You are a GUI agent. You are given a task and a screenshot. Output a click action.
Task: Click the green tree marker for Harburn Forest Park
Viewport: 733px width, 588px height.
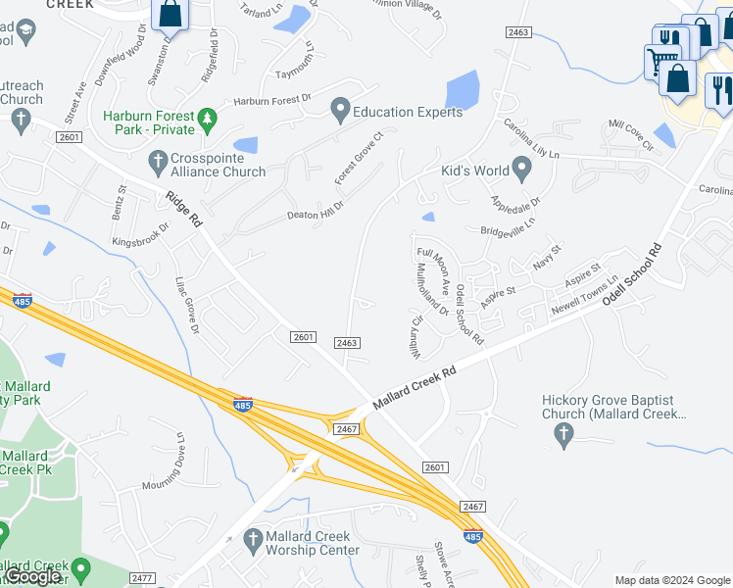[207, 120]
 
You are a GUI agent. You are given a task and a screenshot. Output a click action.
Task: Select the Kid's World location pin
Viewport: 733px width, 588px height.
[521, 171]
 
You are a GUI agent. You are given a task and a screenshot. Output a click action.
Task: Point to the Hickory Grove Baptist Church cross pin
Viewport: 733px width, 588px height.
[562, 436]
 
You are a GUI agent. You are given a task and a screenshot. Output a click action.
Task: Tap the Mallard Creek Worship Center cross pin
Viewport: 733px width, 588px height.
[252, 538]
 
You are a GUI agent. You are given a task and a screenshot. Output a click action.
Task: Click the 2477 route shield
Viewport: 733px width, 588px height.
[142, 578]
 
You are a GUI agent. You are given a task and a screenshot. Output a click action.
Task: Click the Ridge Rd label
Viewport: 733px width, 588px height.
[183, 209]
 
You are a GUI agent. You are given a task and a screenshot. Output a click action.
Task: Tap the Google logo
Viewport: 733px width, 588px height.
[34, 576]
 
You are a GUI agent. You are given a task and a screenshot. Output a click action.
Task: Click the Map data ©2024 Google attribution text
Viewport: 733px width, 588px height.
[671, 580]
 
